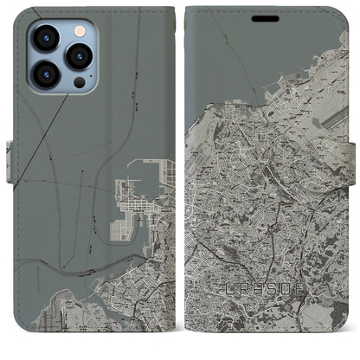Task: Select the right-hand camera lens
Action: pyautogui.click(x=79, y=56)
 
